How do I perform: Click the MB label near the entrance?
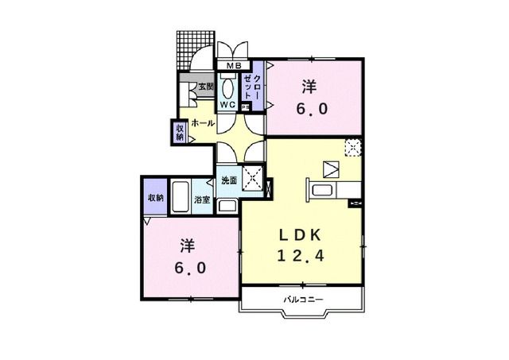coord(235,65)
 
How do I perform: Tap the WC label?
coord(227,104)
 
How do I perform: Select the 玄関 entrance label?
coord(205,87)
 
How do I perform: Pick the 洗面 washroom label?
coord(229,180)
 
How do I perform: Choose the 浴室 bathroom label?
coord(202,200)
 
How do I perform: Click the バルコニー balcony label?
coord(302,299)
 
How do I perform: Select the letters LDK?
coord(301,235)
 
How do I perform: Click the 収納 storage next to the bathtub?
coord(154,197)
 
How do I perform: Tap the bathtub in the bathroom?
coord(181,195)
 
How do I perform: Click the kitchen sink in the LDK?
coord(323,192)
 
